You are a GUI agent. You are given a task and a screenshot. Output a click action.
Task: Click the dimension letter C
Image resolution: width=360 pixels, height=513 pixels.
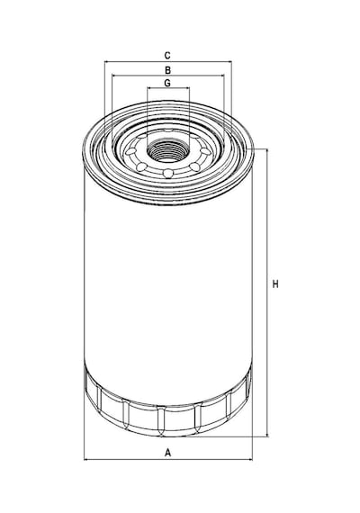pos(167,55)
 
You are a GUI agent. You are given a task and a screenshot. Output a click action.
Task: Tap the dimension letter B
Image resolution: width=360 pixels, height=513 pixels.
pos(167,70)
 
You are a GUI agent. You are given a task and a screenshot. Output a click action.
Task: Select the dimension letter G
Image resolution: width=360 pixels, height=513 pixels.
pos(167,83)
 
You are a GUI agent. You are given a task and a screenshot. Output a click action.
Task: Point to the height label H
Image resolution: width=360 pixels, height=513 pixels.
pos(275,284)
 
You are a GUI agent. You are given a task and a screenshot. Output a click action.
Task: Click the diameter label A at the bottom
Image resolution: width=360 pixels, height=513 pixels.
pos(167,453)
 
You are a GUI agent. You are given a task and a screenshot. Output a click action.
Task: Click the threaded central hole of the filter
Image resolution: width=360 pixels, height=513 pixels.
pos(168,151)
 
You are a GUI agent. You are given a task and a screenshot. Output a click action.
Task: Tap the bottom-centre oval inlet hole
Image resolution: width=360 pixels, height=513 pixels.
pos(168,173)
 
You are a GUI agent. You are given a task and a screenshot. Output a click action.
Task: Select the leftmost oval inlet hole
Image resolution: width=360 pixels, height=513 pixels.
pos(130,152)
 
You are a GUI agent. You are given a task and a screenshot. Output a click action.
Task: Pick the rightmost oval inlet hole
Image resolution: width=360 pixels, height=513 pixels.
pos(205,151)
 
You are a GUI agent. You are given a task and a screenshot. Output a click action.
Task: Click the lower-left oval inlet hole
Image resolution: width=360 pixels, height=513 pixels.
pos(141,166)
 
